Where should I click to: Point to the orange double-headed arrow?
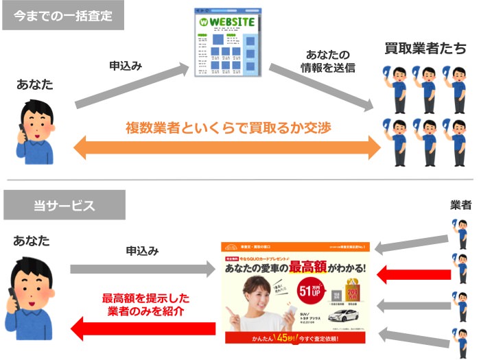point(226,146)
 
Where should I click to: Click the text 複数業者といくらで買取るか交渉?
point(226,128)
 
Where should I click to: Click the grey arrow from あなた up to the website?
point(130,85)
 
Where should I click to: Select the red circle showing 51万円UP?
point(312,292)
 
